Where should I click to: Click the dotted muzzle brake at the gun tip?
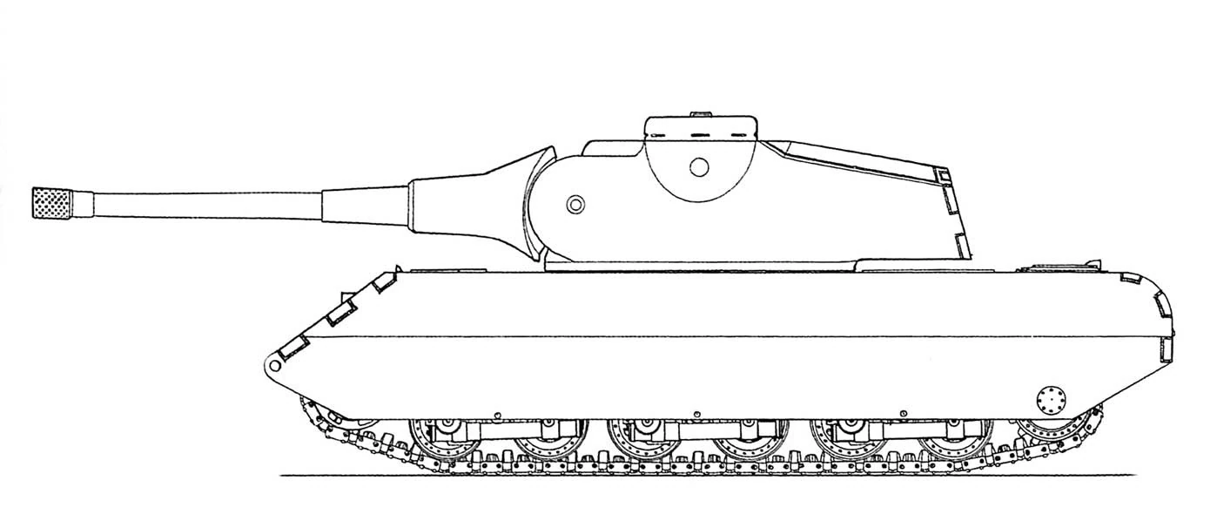point(51,202)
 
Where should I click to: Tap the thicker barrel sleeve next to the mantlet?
point(366,206)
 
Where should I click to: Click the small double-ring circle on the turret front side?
point(575,204)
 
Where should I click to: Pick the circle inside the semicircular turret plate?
point(698,166)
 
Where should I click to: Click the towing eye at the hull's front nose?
point(275,362)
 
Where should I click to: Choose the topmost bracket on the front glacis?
point(382,281)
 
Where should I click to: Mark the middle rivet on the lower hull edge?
point(697,411)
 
